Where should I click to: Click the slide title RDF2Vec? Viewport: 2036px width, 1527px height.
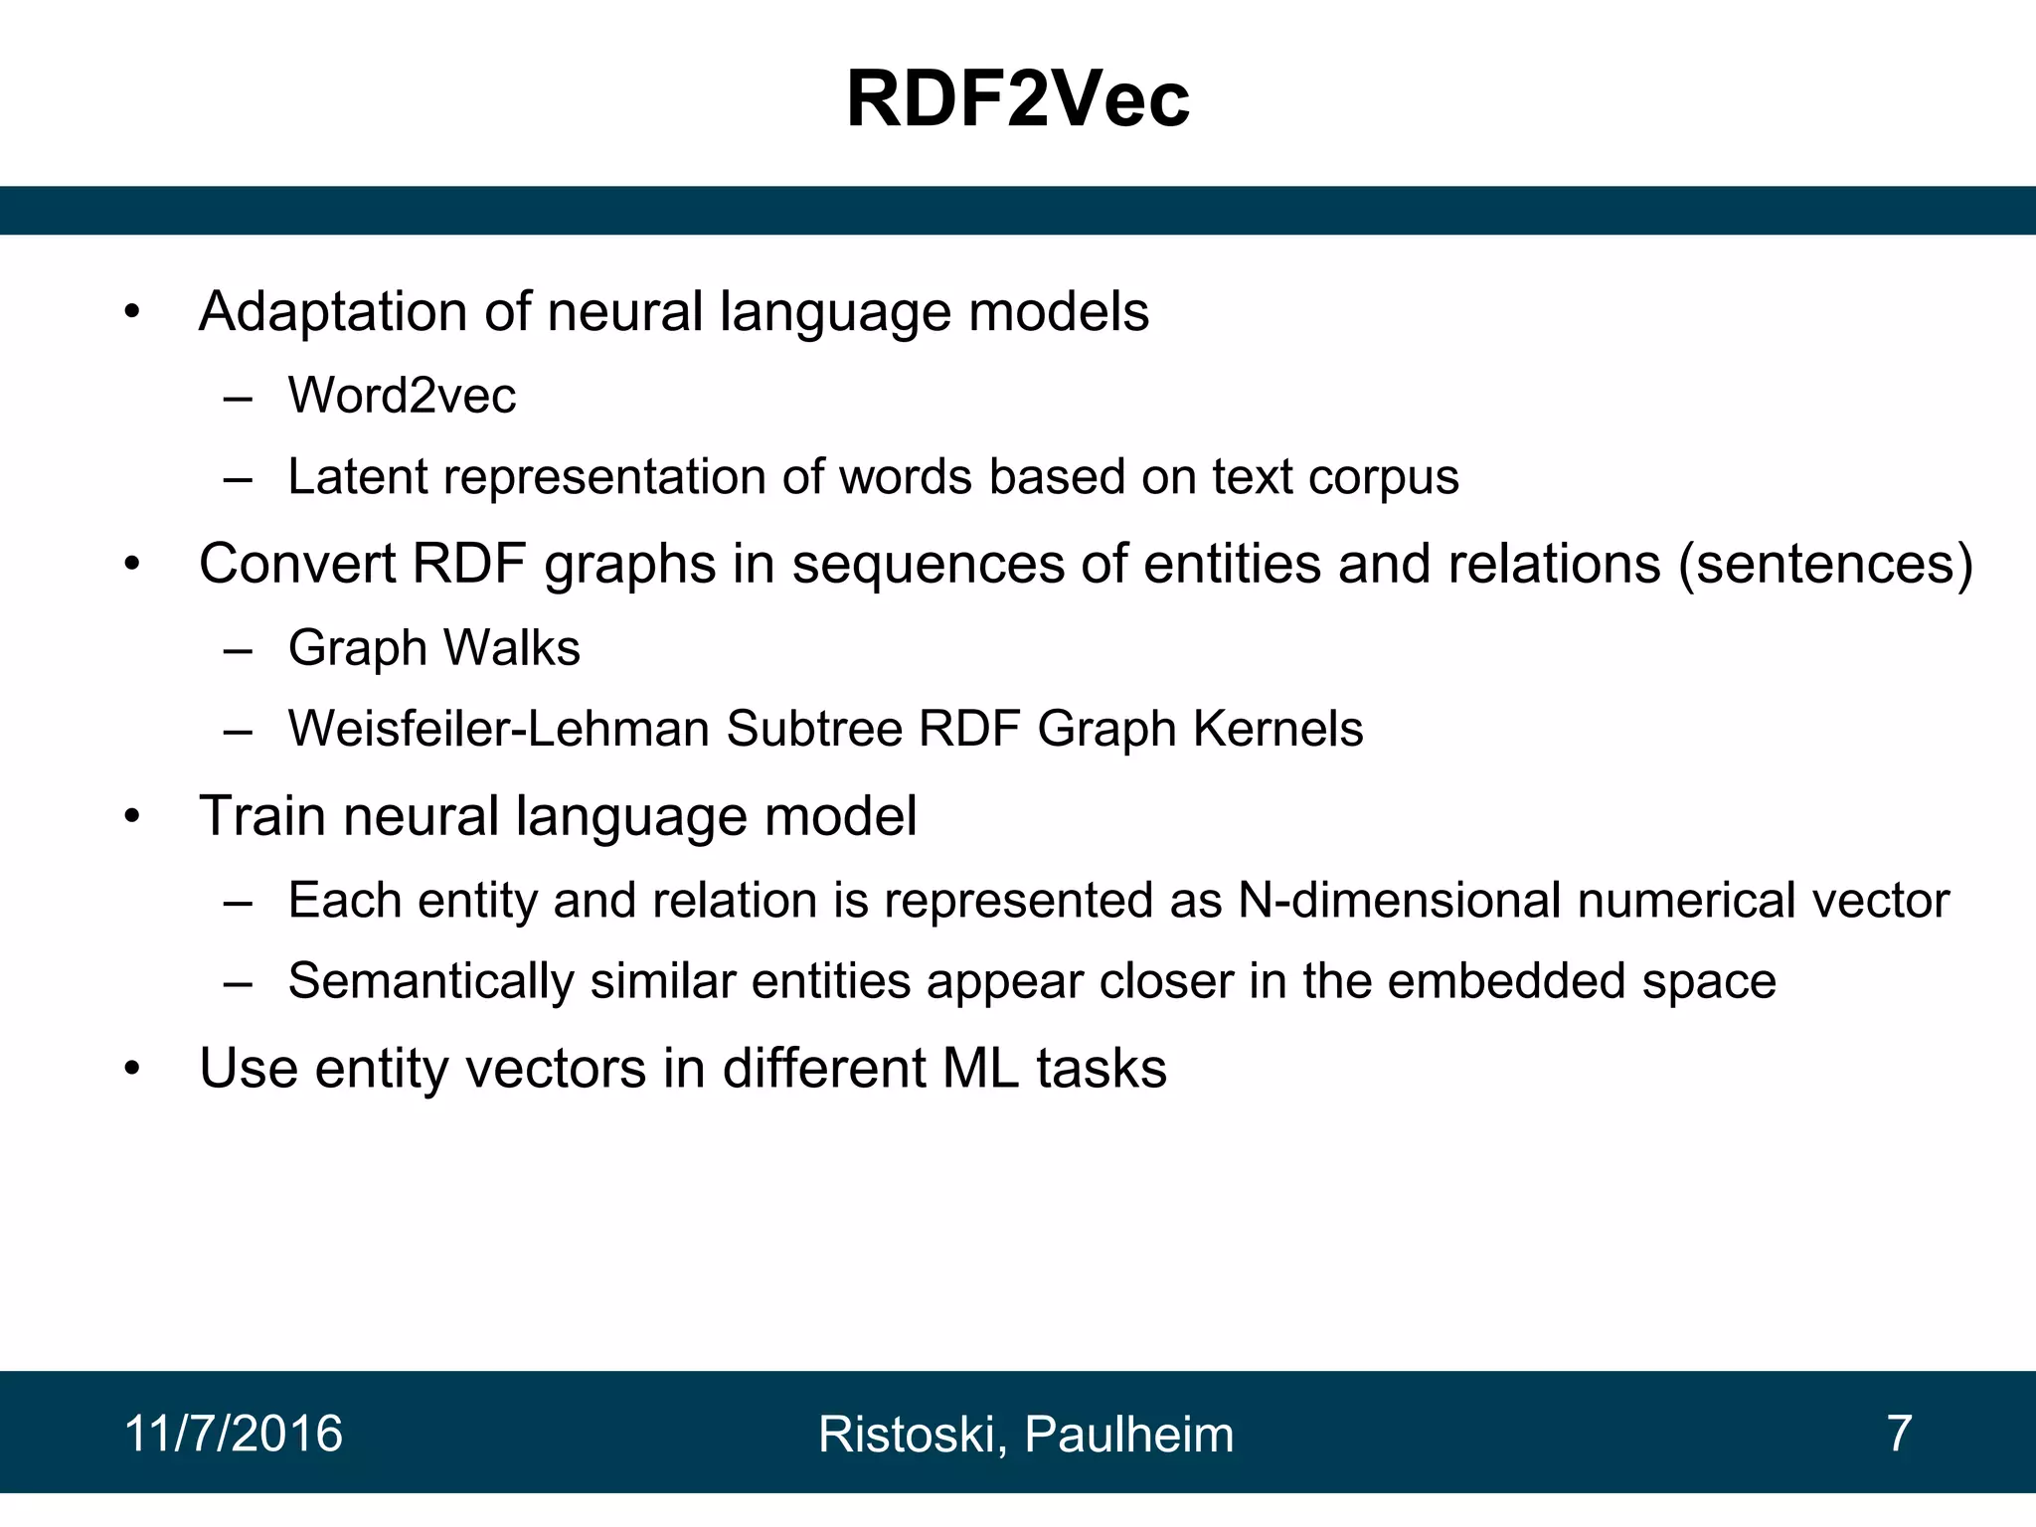pos(1017,99)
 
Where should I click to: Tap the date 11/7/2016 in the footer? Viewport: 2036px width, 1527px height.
pos(234,1434)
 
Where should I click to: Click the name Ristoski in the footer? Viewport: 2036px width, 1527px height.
pos(909,1435)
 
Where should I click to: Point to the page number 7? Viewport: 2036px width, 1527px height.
pos(1899,1434)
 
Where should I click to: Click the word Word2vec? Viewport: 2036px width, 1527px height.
pos(402,396)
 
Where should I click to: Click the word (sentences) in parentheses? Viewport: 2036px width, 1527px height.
pos(1825,565)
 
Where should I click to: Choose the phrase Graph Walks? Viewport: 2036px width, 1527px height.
pos(433,648)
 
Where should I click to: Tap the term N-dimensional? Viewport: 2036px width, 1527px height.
pos(1399,901)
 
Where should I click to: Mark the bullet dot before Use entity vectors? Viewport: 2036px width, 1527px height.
pos(133,1070)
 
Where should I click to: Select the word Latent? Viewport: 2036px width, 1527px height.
pos(357,477)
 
